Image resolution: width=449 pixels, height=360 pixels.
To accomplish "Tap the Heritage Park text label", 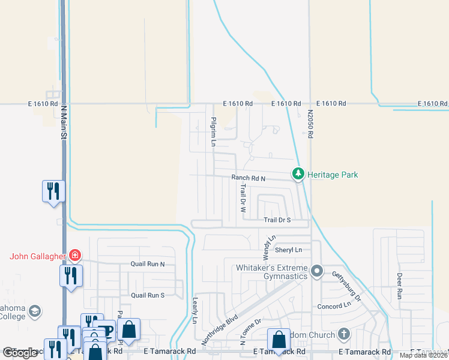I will (x=333, y=175).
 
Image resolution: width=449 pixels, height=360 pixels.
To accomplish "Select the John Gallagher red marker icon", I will (x=74, y=256).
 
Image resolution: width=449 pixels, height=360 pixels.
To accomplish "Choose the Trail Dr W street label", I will (x=243, y=199).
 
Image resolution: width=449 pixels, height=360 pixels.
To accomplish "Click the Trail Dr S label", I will (x=277, y=220).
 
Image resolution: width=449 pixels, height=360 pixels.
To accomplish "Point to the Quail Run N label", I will (x=148, y=264).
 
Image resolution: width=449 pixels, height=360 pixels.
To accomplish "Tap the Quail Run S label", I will (x=148, y=295).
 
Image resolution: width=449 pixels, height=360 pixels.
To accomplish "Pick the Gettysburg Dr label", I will (x=347, y=286).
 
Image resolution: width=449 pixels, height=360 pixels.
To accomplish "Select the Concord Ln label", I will (x=334, y=305).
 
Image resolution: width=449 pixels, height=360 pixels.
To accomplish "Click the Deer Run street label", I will (x=399, y=286).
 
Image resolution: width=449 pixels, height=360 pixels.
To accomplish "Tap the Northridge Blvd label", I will (x=220, y=329).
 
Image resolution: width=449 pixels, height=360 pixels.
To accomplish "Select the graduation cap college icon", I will (x=35, y=311).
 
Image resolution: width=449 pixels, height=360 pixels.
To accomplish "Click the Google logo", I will (x=20, y=353).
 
